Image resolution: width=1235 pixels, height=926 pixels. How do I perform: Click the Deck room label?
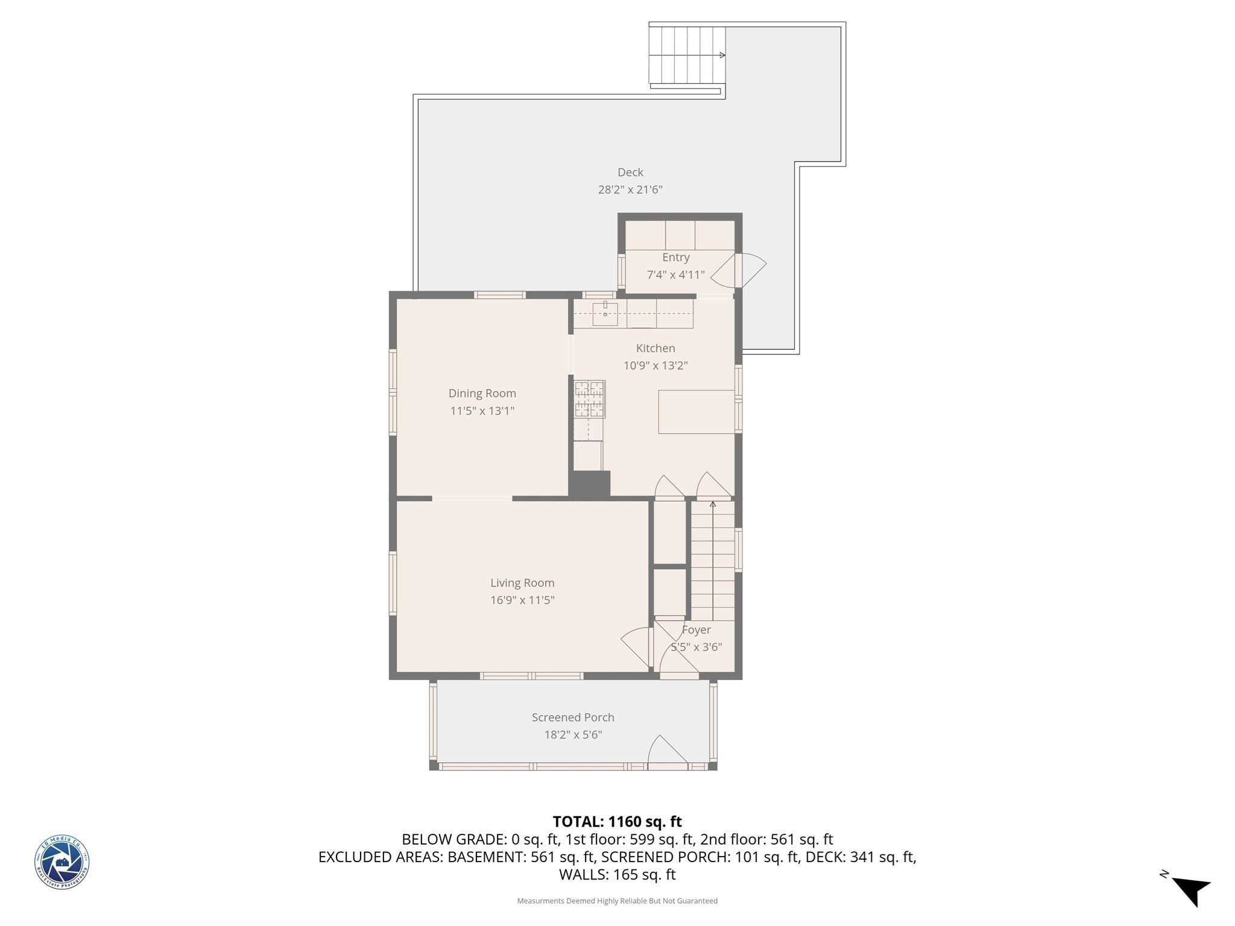coord(630,172)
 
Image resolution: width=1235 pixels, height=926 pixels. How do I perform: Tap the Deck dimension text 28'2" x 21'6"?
coord(630,190)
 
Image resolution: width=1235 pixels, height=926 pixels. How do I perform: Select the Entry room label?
coord(675,257)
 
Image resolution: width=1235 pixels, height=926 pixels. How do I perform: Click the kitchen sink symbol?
coord(605,314)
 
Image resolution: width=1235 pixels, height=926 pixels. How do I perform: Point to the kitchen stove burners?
coord(589,399)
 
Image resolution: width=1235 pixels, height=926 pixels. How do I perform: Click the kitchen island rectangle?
coord(696,412)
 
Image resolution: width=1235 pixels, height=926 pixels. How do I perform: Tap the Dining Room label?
coord(482,394)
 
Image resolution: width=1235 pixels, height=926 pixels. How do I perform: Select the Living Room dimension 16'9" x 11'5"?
coord(522,600)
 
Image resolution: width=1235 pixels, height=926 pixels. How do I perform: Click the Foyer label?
coord(696,630)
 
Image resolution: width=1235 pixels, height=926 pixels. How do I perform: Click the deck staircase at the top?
coord(686,55)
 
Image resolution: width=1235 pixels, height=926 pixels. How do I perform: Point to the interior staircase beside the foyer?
coord(712,561)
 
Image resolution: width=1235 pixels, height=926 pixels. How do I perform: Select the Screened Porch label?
coord(573,717)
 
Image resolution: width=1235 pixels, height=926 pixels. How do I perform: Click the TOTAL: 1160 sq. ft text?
coord(617,822)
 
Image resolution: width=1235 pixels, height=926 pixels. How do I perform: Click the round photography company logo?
coord(62,862)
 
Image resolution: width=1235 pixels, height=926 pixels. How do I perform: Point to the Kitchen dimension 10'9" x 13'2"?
coord(655,366)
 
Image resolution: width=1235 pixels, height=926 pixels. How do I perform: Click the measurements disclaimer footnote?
coord(617,901)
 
